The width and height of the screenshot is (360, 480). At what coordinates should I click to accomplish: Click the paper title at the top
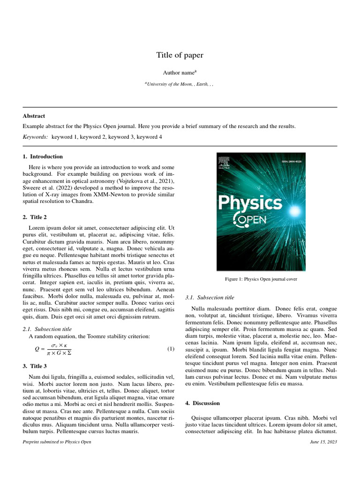tap(180, 55)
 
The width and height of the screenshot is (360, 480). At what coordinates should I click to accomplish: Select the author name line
tap(180, 73)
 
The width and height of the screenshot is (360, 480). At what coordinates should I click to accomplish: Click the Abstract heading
tap(34, 116)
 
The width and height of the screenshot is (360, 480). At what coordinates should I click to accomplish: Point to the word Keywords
tap(35, 137)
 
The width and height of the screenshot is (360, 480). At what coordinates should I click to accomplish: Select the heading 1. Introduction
tap(43, 157)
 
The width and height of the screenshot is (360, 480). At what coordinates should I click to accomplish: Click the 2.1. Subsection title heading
tap(47, 329)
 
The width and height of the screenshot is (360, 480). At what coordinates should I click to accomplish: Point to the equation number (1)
tap(171, 349)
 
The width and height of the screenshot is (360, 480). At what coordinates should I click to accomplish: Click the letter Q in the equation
tap(37, 349)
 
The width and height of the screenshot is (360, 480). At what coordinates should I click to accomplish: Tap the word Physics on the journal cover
tap(250, 203)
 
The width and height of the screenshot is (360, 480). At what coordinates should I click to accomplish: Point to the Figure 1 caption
tap(261, 279)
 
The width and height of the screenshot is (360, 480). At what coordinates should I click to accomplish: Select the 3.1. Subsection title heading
tap(210, 297)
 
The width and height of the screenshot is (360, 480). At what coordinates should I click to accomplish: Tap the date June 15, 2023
tap(323, 442)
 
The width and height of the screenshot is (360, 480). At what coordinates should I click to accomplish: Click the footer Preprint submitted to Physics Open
tap(57, 442)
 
